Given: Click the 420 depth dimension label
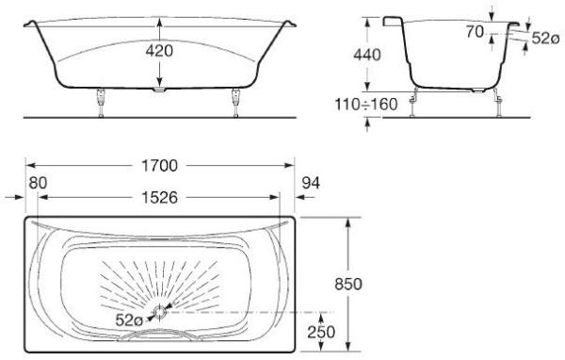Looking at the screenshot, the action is (x=159, y=51).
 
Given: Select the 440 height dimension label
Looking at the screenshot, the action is (x=367, y=55).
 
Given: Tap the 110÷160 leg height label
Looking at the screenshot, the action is (x=366, y=105).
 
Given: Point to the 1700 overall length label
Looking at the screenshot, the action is (x=160, y=166).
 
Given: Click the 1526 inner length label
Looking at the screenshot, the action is (x=160, y=198).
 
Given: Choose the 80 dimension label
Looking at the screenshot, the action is (x=38, y=183).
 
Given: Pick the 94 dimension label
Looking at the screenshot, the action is (x=311, y=183).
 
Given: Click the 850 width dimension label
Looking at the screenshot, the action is (x=348, y=285).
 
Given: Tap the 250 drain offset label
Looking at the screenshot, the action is (x=321, y=333).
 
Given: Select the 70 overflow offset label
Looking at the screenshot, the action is (x=475, y=32).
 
